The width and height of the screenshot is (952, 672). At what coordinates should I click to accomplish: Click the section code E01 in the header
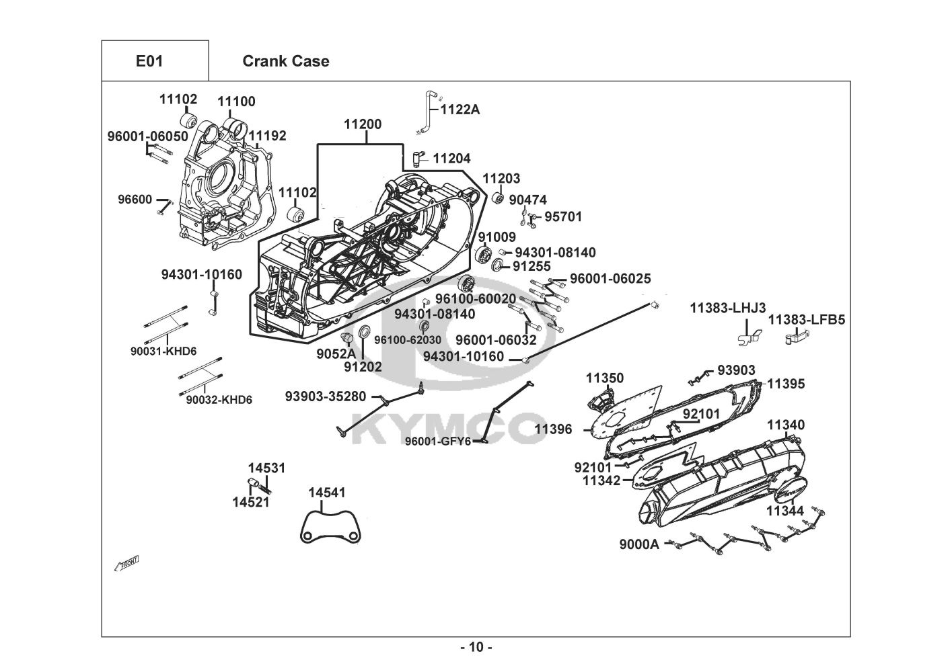coord(149,61)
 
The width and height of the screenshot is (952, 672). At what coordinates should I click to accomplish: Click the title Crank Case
coord(285,61)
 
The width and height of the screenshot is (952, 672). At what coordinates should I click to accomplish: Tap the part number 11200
coord(363,124)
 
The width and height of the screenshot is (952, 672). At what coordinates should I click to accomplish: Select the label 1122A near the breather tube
coord(460,110)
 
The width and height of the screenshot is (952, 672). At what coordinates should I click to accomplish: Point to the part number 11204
coord(451,159)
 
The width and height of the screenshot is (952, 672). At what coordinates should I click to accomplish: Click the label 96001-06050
coord(148,136)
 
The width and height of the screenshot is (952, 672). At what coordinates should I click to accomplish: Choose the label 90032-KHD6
coord(219,400)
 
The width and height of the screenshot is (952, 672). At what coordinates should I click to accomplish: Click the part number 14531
coord(266,468)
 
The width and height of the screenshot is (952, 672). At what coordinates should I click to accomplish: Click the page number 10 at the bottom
coord(476,647)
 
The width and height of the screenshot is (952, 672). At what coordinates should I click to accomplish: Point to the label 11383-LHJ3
coord(727,308)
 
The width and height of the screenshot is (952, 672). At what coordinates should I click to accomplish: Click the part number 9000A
coord(639,545)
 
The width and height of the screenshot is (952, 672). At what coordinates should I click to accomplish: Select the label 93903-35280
coord(326,396)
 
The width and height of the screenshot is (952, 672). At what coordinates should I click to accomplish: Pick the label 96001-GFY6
coord(438,442)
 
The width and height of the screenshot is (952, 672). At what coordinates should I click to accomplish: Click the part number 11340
coord(786,425)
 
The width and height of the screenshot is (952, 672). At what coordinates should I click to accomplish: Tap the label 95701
coord(563,216)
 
